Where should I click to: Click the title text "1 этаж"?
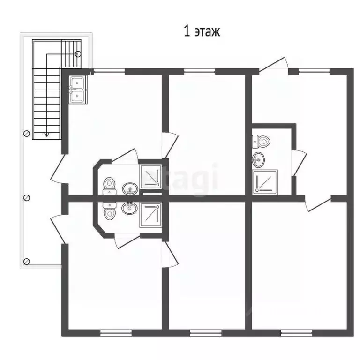[202, 31]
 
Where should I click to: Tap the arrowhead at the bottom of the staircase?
[47, 135]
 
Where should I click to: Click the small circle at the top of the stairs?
[78, 54]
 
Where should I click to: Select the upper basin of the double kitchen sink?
[77, 82]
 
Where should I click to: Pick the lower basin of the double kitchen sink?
[77, 96]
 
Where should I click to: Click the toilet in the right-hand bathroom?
[261, 142]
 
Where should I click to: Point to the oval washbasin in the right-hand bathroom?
[258, 160]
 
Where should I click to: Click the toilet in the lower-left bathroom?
[109, 211]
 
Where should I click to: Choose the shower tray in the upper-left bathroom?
[150, 176]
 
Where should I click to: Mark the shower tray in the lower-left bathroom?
[150, 215]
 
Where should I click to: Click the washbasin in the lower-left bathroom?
[130, 208]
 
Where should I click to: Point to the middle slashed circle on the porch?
[27, 198]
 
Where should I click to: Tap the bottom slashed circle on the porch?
[27, 261]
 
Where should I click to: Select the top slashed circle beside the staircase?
[27, 134]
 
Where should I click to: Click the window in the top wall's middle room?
[200, 72]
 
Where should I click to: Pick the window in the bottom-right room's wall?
[296, 333]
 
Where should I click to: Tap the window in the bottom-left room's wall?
[116, 333]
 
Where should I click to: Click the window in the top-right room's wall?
[315, 72]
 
